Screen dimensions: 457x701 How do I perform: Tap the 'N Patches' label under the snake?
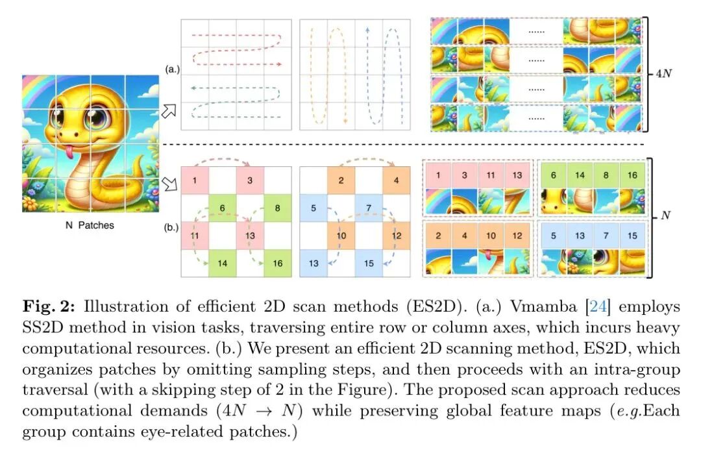pyautogui.click(x=90, y=225)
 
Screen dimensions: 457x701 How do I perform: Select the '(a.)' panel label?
pyautogui.click(x=173, y=68)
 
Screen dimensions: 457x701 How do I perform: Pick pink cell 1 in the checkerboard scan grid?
pyautogui.click(x=194, y=179)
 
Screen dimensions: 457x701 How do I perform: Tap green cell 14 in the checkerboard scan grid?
pyautogui.click(x=223, y=264)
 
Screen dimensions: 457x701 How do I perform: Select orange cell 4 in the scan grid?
pyautogui.click(x=396, y=179)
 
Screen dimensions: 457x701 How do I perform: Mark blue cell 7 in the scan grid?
pyautogui.click(x=369, y=208)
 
